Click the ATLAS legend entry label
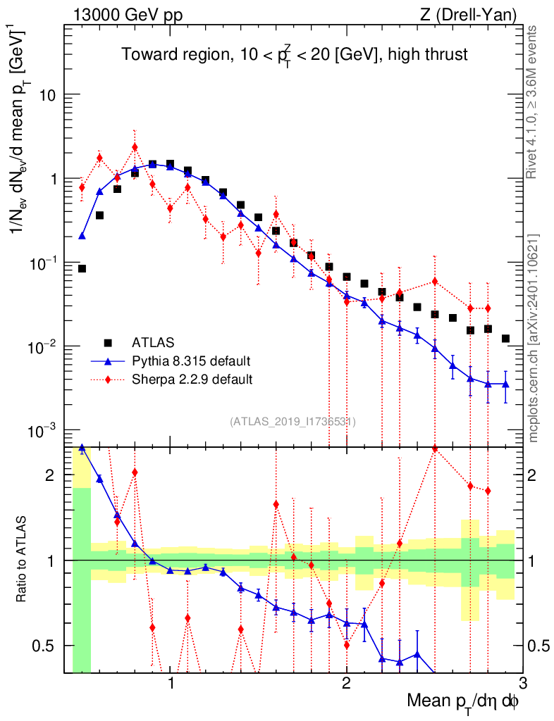coord(151,343)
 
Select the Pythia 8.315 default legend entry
coord(191,361)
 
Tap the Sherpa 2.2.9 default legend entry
coord(192,380)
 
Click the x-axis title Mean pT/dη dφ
coord(464,702)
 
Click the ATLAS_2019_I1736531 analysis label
coord(293,422)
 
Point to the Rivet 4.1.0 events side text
coord(534,101)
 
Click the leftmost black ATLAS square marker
coord(82,268)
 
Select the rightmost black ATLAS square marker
coord(505,339)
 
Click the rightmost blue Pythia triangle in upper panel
coord(505,384)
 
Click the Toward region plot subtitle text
coord(294,54)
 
